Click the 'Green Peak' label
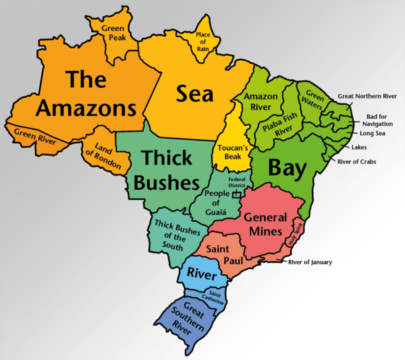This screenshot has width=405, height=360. pos(113,33)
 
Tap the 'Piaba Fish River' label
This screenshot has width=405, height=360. pos(280,127)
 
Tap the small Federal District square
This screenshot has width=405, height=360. pos(236,194)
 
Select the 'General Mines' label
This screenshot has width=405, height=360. pos(263,225)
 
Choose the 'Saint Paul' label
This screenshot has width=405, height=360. pos(220,254)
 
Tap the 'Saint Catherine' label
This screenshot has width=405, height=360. pos(216,297)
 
